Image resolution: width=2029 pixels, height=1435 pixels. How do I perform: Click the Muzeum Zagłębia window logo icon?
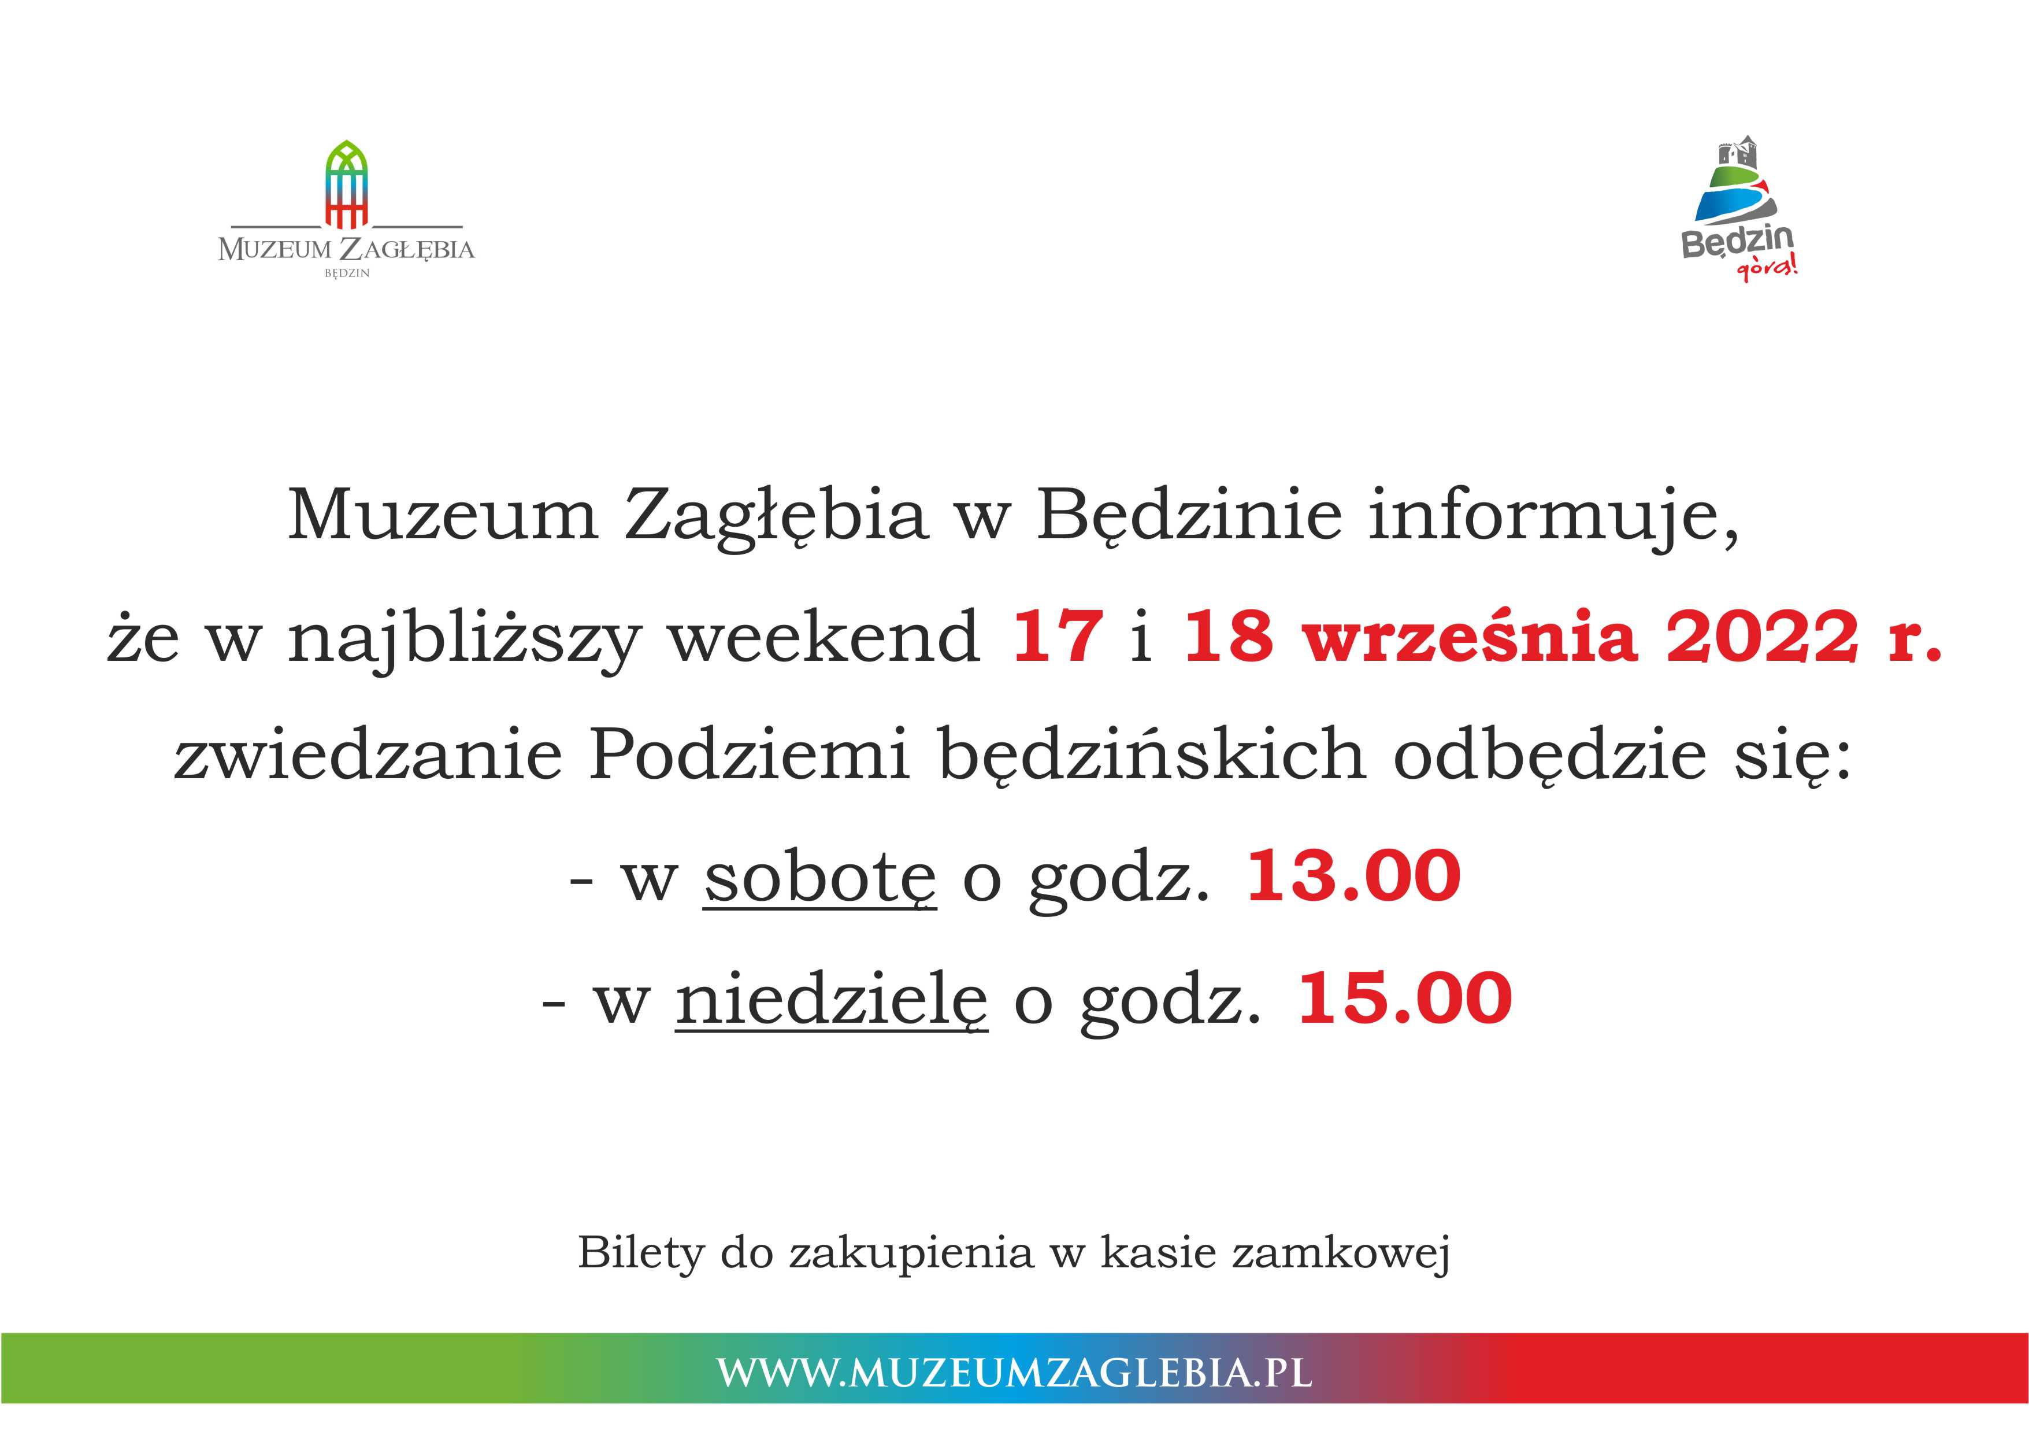click(346, 184)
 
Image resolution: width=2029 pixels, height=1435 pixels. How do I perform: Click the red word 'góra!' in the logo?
click(1767, 267)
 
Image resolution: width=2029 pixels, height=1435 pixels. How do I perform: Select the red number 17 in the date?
click(1058, 636)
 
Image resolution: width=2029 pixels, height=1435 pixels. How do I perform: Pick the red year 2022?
click(1762, 636)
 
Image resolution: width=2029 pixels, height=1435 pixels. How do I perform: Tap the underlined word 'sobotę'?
click(819, 879)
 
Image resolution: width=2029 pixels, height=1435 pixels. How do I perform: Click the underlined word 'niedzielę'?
click(832, 999)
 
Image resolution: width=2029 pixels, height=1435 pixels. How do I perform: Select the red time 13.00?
click(1353, 876)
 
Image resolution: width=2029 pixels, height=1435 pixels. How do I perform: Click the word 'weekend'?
click(824, 636)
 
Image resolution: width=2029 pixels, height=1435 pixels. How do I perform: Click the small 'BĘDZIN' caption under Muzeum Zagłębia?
click(346, 273)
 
